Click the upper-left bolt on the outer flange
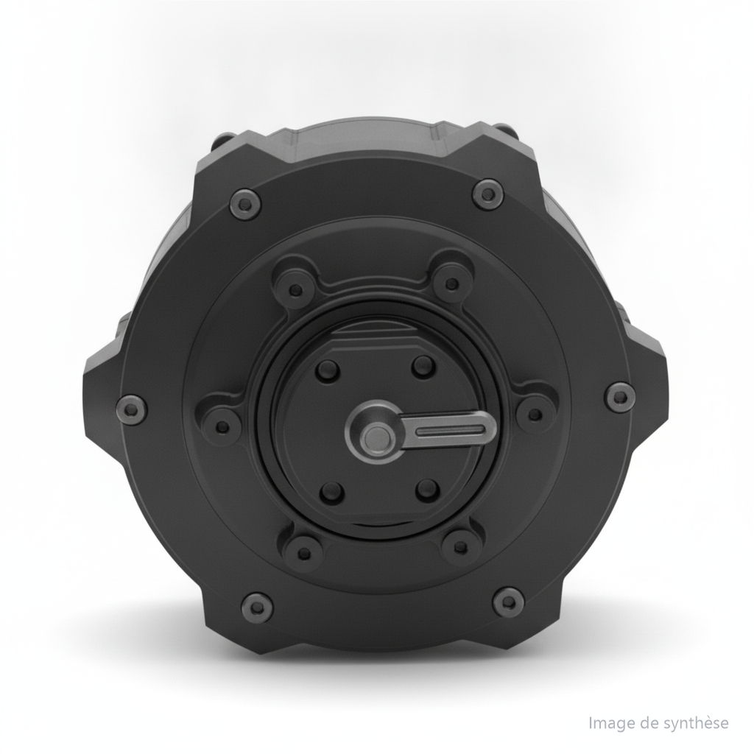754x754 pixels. tap(246, 205)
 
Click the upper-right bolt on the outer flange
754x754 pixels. tap(488, 194)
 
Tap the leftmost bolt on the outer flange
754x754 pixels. tap(132, 409)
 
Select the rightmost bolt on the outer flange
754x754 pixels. tap(620, 397)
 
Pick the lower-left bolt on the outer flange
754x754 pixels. tap(257, 607)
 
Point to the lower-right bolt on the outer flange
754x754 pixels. tap(509, 601)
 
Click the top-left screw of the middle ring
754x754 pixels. tap(297, 289)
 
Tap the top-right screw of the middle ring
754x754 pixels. tap(451, 283)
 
